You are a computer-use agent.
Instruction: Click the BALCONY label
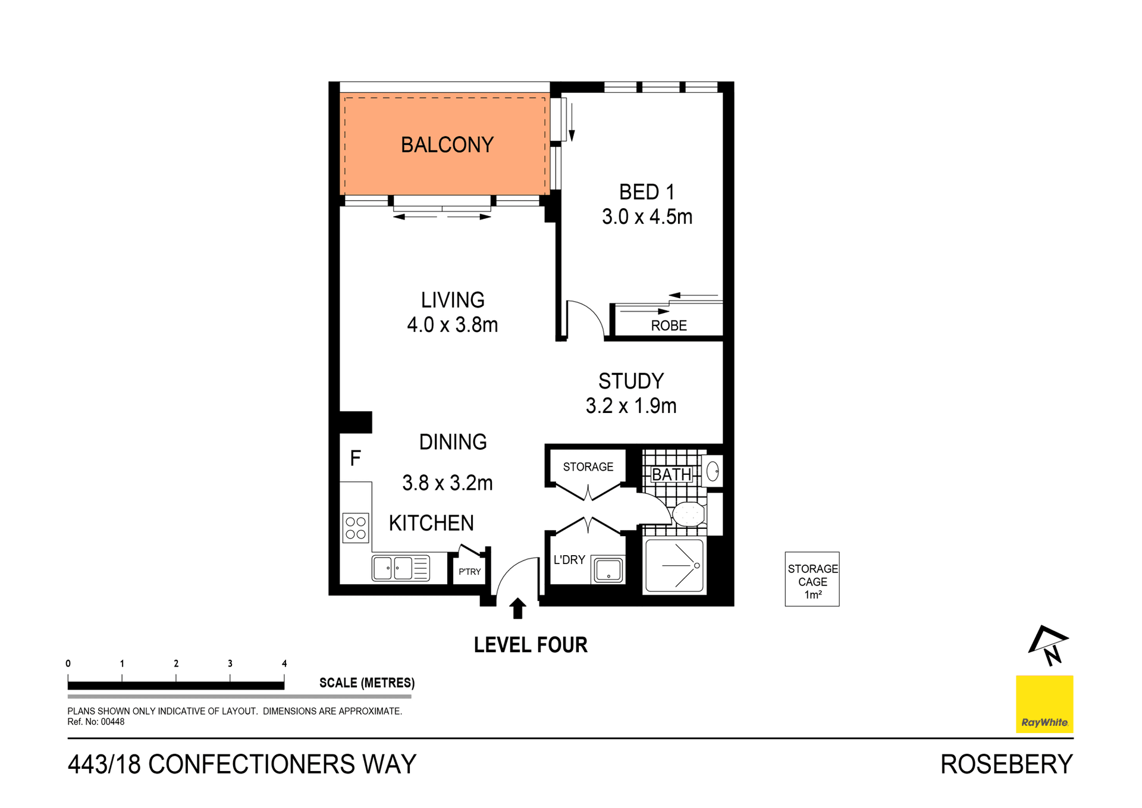447,145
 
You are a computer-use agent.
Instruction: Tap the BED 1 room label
647,192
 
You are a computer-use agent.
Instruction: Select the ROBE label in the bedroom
669,325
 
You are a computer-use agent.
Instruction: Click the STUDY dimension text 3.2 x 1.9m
631,406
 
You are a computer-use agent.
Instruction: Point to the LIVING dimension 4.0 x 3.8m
452,325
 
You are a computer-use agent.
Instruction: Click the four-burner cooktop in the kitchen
356,528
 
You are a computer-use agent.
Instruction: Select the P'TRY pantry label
469,572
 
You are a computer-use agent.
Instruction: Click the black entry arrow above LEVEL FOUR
517,608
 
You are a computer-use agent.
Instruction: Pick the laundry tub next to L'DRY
608,570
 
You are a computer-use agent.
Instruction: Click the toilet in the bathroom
689,514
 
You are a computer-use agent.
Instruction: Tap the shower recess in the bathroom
674,566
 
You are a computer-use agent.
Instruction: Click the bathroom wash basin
713,471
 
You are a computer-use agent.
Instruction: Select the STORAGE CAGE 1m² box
812,579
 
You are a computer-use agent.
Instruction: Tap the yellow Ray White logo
1044,704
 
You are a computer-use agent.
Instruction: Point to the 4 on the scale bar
284,663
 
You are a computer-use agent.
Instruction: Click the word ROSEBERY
1006,765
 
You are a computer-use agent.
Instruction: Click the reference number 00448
112,722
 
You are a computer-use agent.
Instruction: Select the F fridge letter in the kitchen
356,458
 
